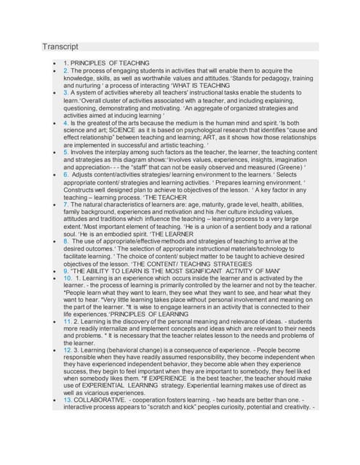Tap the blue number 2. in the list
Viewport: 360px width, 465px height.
[66, 71]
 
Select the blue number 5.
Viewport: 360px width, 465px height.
[66, 153]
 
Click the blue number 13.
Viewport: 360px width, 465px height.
[68, 399]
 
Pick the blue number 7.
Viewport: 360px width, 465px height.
[66, 206]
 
